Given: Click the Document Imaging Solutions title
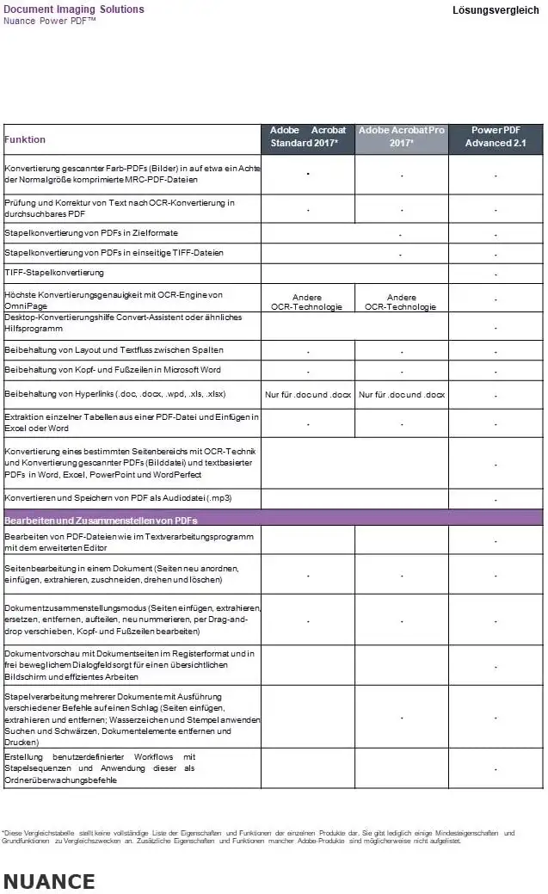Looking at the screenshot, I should coord(74,9).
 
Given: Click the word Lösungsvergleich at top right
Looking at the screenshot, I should coord(496,10).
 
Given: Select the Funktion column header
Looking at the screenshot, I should coord(25,139).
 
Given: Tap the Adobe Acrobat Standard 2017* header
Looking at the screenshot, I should coord(308,137).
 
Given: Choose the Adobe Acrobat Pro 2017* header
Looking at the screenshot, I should coord(401,137).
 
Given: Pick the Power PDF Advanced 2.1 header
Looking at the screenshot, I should coord(495,137).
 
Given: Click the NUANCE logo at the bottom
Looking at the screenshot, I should coord(49,881).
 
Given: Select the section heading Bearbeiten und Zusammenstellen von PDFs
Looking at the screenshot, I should coord(102,521).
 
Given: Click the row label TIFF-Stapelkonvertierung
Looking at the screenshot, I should coord(54,273).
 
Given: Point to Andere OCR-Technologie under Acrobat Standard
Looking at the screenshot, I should coord(306,302).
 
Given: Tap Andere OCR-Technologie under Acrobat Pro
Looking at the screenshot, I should coord(400,302).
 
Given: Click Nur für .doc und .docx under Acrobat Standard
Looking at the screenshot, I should coord(308,395).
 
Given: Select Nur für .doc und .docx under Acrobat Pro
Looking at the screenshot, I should coord(402,395).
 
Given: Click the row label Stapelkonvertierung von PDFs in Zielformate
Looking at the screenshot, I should coord(91,233).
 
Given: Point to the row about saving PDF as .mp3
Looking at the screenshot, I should coord(119,498).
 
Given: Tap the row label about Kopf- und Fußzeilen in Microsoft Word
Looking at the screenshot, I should coord(113,369).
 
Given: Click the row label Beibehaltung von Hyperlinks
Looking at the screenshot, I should coord(115,394).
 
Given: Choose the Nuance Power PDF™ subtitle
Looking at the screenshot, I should coord(49,21).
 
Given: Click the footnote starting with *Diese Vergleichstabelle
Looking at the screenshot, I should coord(258,836).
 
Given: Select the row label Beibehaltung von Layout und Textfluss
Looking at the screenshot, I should coord(114,350).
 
